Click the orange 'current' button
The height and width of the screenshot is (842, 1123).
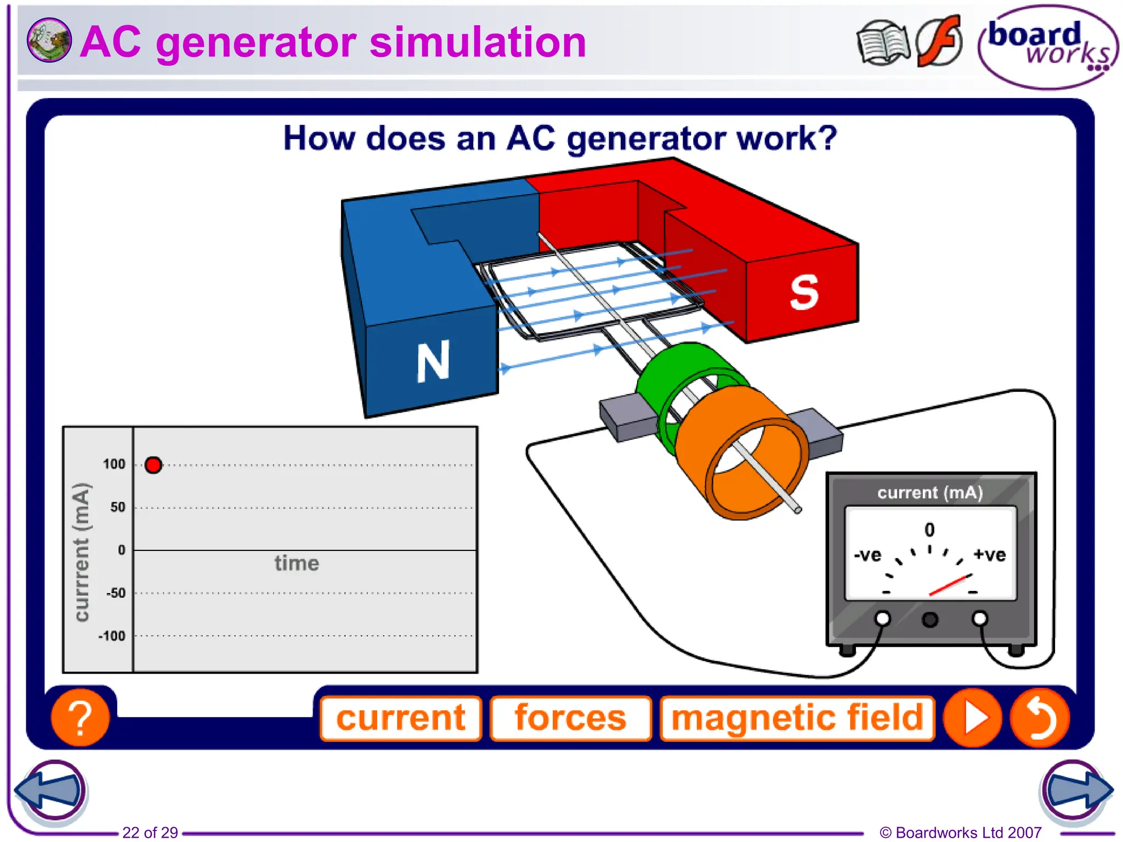tap(401, 718)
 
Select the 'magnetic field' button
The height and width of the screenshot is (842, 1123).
tap(797, 718)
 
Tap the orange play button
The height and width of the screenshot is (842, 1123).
tap(973, 718)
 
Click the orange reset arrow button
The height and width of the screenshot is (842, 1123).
tap(1040, 718)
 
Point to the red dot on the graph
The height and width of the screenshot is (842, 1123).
tap(154, 465)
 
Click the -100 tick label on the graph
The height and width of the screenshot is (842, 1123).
tap(112, 636)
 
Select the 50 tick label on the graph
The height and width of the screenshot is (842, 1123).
tap(117, 507)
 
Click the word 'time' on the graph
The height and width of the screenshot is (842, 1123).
tap(297, 564)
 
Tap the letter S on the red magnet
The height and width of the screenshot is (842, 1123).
tap(804, 292)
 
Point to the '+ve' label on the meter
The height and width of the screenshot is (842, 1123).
tap(989, 555)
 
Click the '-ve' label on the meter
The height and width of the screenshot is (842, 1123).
tap(867, 555)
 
